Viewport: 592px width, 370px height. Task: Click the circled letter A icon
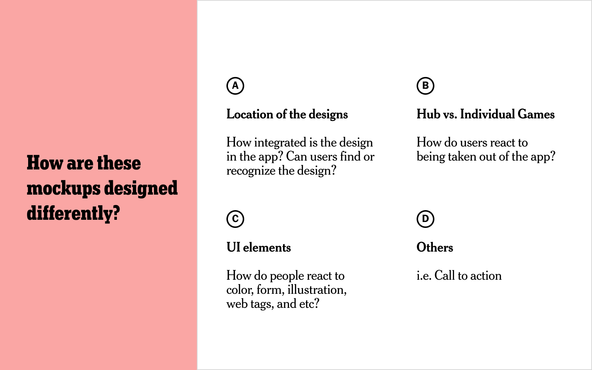235,86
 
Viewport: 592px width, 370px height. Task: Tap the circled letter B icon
425,86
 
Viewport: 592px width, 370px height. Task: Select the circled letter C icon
235,219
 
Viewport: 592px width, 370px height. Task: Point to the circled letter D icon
425,219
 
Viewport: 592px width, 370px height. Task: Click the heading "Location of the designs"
287,114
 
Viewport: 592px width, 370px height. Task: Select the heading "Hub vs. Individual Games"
485,114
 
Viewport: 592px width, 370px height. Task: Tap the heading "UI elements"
259,248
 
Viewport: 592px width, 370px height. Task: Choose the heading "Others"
435,248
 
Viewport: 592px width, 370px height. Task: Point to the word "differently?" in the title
73,213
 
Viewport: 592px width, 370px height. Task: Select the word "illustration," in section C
317,290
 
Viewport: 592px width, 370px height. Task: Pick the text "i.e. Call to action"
459,276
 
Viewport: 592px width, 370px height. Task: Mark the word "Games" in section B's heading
536,114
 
